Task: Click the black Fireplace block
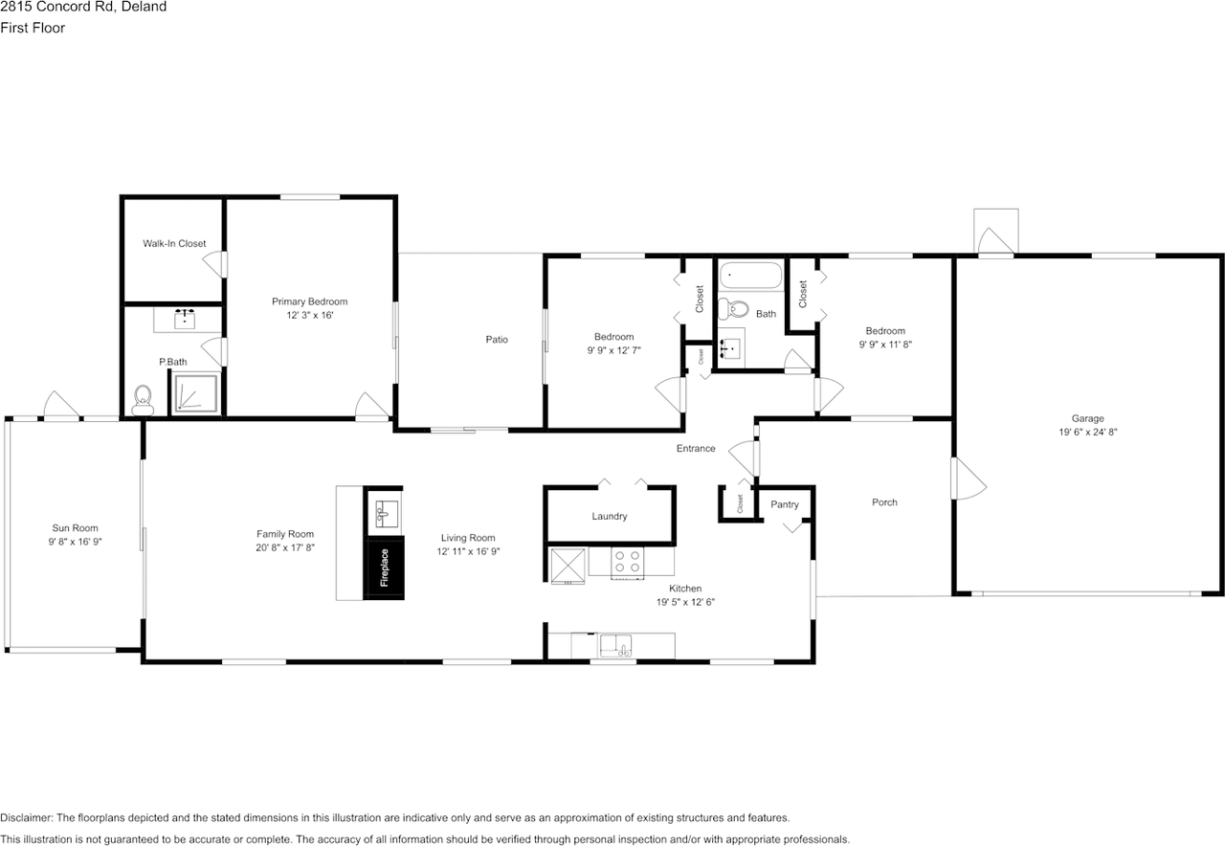pyautogui.click(x=384, y=568)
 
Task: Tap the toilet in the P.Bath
pyautogui.click(x=143, y=399)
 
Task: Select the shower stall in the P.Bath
pyautogui.click(x=196, y=393)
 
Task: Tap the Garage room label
pyautogui.click(x=1087, y=418)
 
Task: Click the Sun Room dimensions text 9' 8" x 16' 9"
pyautogui.click(x=75, y=541)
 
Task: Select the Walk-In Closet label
pyautogui.click(x=174, y=244)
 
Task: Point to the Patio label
pyautogui.click(x=496, y=340)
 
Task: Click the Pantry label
pyautogui.click(x=784, y=504)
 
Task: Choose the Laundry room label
pyautogui.click(x=609, y=517)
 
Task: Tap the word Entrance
pyautogui.click(x=696, y=448)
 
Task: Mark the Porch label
pyautogui.click(x=884, y=502)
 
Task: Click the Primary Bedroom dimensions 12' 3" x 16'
pyautogui.click(x=309, y=315)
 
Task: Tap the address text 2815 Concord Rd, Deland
pyautogui.click(x=83, y=7)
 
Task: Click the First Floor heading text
pyautogui.click(x=33, y=28)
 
